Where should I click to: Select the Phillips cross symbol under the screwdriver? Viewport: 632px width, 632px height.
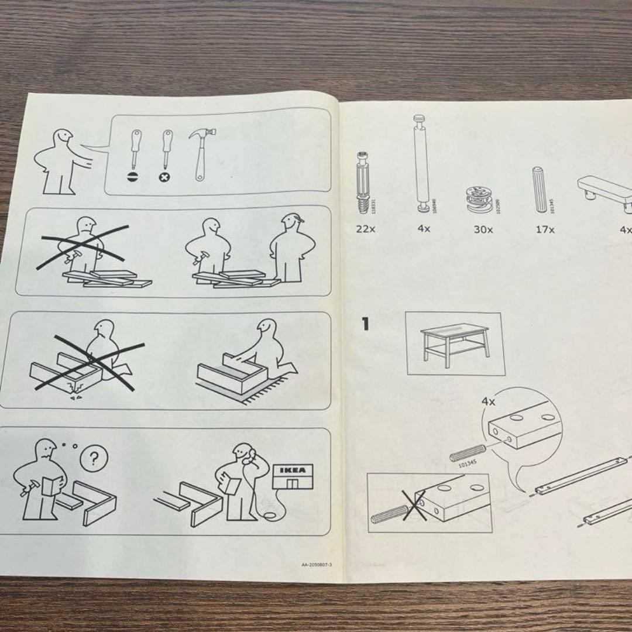[x=167, y=176]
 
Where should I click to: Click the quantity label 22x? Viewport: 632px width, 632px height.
[x=366, y=229]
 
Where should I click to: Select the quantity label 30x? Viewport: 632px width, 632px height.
[x=483, y=229]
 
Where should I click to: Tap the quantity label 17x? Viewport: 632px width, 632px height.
[x=545, y=229]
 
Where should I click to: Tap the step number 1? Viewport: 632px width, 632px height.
[x=366, y=324]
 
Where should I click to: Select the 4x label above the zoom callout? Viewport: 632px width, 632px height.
[x=488, y=402]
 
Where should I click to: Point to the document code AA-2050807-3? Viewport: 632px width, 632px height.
[x=317, y=565]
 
